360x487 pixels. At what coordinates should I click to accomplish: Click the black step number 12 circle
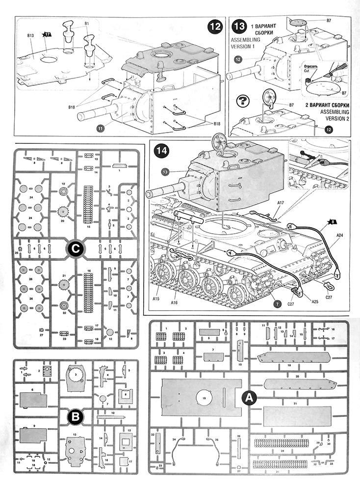click(x=214, y=27)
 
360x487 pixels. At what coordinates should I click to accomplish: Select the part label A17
click(x=281, y=201)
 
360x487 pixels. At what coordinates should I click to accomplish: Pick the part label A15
click(x=156, y=298)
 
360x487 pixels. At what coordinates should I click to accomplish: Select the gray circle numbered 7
click(x=278, y=304)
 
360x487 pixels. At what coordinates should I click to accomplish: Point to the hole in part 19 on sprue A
click(x=203, y=396)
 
